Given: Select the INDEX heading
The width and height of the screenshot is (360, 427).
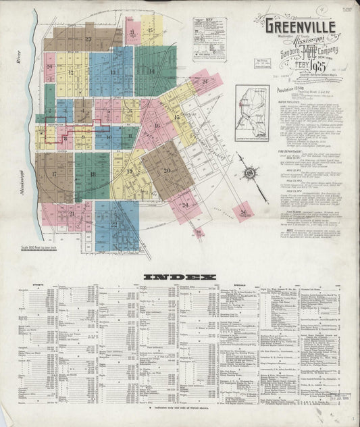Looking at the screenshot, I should pos(180,276).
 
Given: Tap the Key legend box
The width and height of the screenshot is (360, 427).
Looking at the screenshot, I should pos(209,39).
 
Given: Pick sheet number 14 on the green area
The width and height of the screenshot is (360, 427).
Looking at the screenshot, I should pos(153,71).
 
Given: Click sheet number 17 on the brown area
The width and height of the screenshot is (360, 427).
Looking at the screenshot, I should pos(53,174).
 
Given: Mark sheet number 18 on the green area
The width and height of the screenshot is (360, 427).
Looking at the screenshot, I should pos(93,175).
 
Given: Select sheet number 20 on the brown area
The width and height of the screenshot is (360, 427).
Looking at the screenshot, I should pos(166,170).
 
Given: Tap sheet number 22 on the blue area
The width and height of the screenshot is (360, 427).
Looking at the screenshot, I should pos(114,224).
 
